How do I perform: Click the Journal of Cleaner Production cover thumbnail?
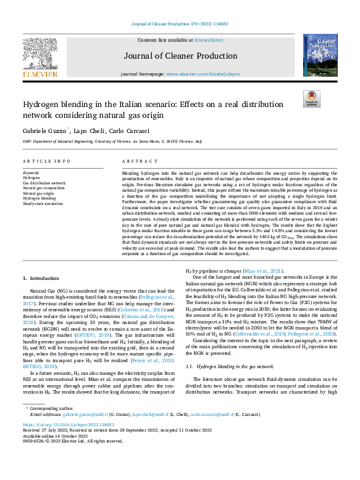[320, 55]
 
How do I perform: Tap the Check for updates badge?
[311, 99]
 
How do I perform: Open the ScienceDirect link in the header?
[208, 39]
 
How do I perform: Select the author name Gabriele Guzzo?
[44, 131]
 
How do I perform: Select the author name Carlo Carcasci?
[124, 131]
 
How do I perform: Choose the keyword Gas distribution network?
[44, 183]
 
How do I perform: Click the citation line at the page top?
[180, 25]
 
